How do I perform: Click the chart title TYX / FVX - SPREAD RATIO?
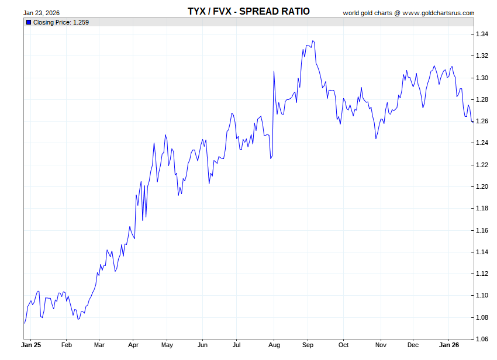click(248, 11)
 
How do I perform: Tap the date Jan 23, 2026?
click(41, 13)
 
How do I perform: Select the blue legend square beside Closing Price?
click(28, 22)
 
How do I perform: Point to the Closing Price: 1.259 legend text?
click(61, 22)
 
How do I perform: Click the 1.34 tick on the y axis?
click(482, 34)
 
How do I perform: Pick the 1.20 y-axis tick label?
click(482, 186)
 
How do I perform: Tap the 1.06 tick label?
click(482, 339)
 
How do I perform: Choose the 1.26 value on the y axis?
click(482, 122)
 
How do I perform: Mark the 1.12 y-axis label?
click(482, 274)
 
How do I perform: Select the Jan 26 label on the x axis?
click(449, 345)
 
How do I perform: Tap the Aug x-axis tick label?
click(273, 345)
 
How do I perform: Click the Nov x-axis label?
click(381, 345)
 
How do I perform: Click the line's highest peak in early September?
click(313, 41)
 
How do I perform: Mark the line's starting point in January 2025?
click(24, 323)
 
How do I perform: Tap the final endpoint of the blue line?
click(473, 122)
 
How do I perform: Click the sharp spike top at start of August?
click(274, 71)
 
